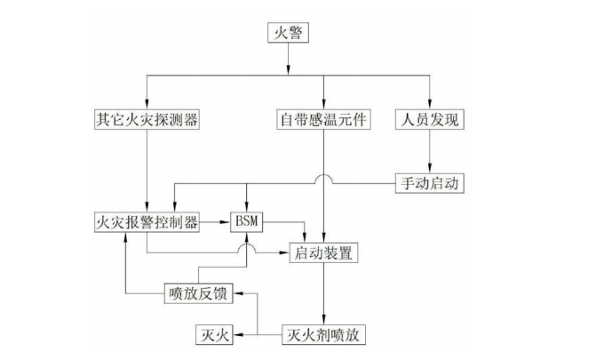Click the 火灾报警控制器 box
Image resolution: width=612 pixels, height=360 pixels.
(x=147, y=220)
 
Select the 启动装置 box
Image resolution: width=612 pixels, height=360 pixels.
(x=323, y=253)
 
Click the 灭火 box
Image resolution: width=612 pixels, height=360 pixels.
(x=212, y=335)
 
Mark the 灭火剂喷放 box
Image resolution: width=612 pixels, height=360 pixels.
(x=323, y=335)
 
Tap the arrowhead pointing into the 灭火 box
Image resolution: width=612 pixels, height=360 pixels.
(x=236, y=335)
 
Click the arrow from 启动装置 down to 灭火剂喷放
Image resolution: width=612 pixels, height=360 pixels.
(x=323, y=293)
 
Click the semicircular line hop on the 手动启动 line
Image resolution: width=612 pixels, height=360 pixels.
(x=323, y=181)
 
